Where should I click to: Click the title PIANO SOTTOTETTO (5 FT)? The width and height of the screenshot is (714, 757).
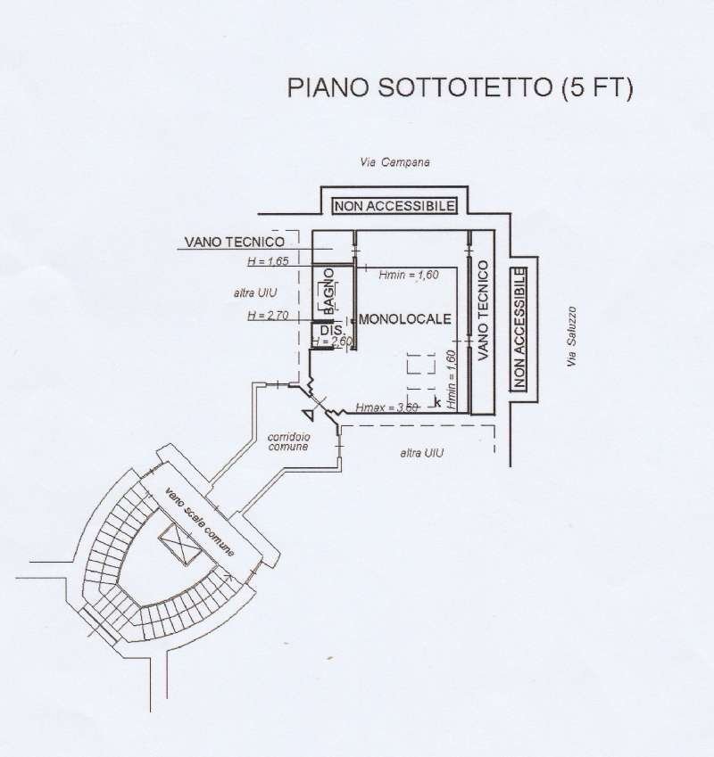460,89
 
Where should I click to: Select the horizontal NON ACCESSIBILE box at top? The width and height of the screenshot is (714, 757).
394,206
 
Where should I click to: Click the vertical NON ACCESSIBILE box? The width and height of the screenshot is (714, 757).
519,328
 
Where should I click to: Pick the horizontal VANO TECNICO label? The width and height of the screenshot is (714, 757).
234,242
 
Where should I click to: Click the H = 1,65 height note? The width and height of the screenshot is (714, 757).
268,262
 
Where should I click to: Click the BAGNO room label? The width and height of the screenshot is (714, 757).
328,291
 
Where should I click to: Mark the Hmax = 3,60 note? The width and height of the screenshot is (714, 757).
386,407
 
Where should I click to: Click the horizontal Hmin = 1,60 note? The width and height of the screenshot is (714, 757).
409,276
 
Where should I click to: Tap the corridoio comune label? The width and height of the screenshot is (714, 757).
288,440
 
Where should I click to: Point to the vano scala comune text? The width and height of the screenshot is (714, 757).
199,522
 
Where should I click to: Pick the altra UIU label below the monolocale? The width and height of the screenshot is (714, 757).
422,453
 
